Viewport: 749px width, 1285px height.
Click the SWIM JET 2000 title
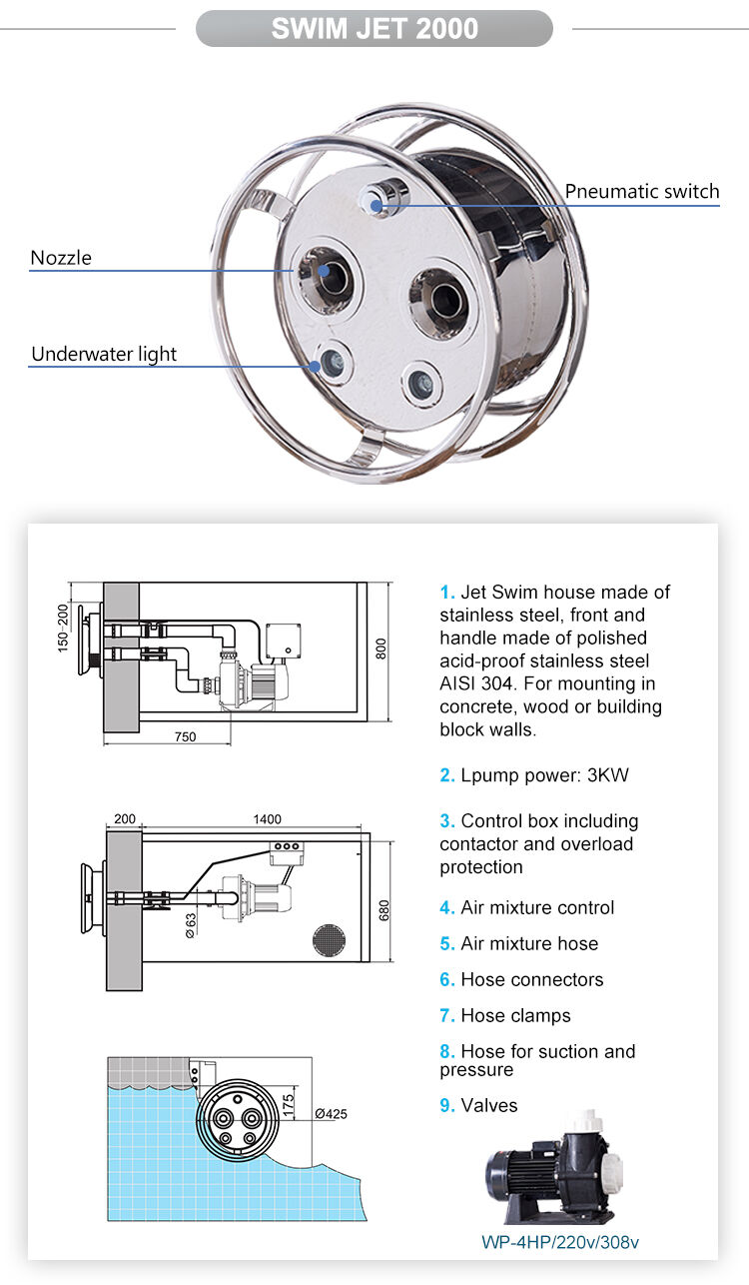[x=374, y=29]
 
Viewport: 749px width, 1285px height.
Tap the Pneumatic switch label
[x=641, y=191]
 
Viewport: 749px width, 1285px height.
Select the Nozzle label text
[x=61, y=258]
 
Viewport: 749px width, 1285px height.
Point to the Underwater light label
[x=104, y=354]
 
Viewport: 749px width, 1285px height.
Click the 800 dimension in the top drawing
[x=379, y=648]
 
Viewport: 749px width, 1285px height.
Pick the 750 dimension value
[x=185, y=736]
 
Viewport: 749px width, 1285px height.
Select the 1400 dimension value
[x=267, y=819]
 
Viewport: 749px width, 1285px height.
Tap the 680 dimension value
[x=384, y=909]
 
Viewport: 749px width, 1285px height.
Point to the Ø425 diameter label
[x=331, y=1114]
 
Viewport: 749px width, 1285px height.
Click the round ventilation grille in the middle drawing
[x=329, y=940]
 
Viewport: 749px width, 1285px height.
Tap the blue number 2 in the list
[x=447, y=775]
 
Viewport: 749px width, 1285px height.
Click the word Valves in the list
[x=489, y=1105]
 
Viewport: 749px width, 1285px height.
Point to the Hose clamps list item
[x=515, y=1015]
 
